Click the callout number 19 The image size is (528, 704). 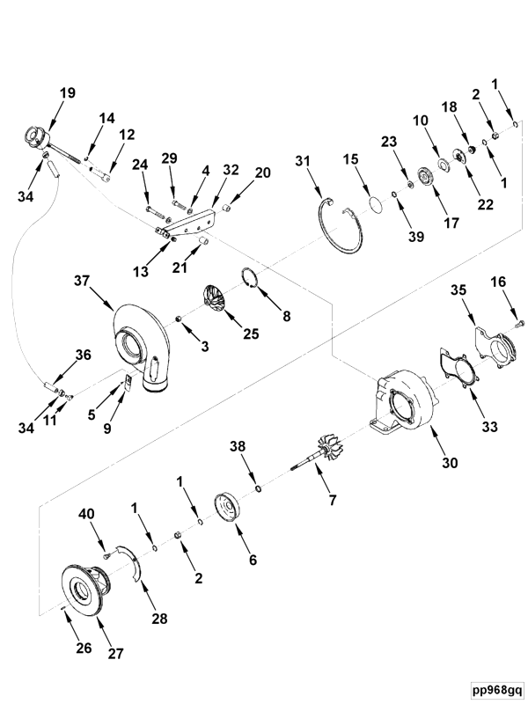coord(68,93)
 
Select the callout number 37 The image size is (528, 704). coord(83,281)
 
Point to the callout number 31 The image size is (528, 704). coord(304,160)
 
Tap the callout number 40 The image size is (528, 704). coord(86,514)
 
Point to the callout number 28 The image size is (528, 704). coord(159,619)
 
